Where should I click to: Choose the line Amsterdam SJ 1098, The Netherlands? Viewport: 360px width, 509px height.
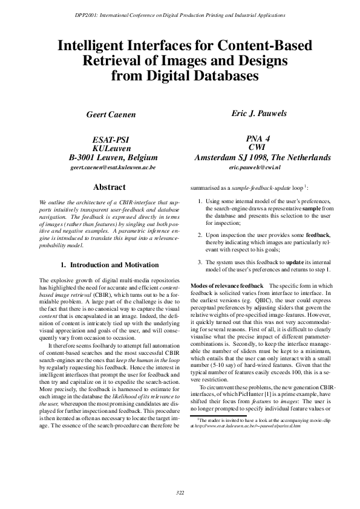[263, 157]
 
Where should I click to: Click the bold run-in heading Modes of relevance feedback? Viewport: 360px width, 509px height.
[227, 285]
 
